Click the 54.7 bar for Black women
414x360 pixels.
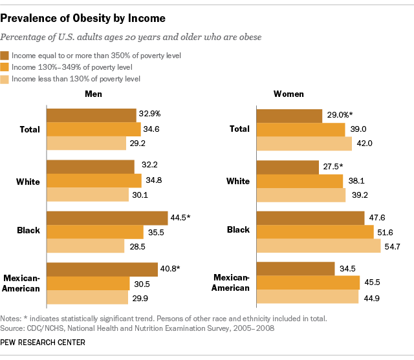pos(318,246)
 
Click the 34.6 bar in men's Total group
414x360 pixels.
pos(94,129)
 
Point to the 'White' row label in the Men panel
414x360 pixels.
pos(28,181)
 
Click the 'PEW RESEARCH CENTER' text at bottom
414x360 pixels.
pos(43,343)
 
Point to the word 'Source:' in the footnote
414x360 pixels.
pos(14,329)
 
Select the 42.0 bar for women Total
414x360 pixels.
pos(304,143)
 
